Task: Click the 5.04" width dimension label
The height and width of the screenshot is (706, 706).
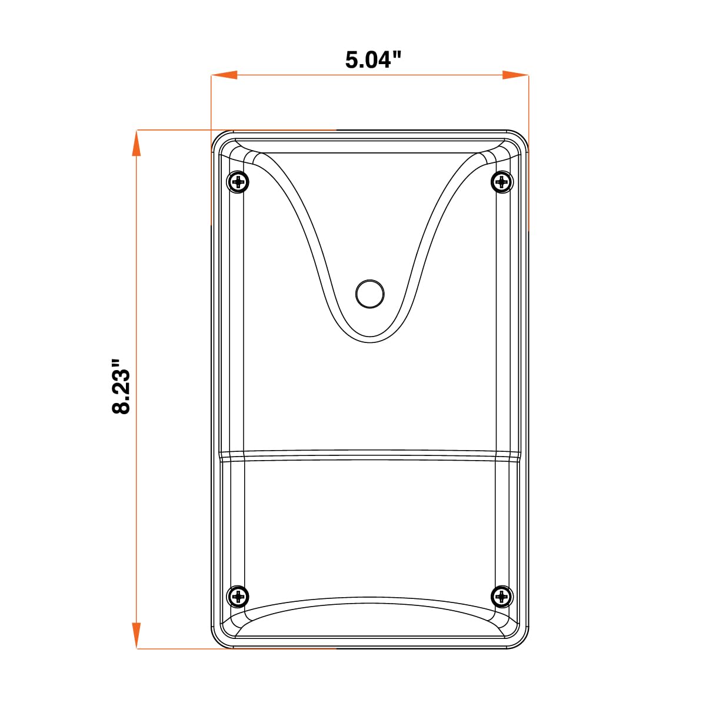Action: pyautogui.click(x=374, y=60)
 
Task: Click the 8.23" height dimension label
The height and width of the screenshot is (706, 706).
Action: pyautogui.click(x=121, y=387)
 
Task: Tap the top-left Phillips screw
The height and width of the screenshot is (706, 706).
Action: pyautogui.click(x=238, y=181)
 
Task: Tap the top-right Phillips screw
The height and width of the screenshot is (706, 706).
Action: pyautogui.click(x=502, y=181)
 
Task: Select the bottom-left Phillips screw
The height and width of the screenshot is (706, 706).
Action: pyautogui.click(x=238, y=597)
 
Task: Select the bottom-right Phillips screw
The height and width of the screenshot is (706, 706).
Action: pyautogui.click(x=502, y=597)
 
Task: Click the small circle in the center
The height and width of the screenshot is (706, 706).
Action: pyautogui.click(x=369, y=294)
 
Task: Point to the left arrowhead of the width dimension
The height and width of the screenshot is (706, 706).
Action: pyautogui.click(x=224, y=75)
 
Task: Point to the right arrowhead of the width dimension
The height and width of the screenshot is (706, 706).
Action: pyautogui.click(x=515, y=75)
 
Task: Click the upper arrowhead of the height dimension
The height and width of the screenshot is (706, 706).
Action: pyautogui.click(x=136, y=143)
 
